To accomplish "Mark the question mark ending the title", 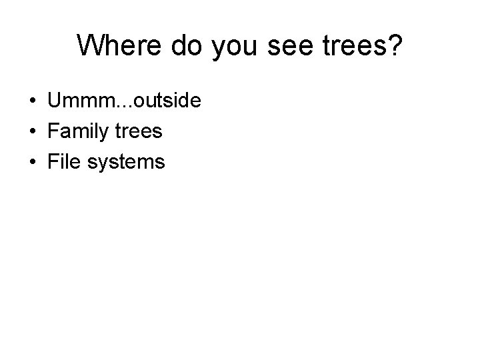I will (x=395, y=45).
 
